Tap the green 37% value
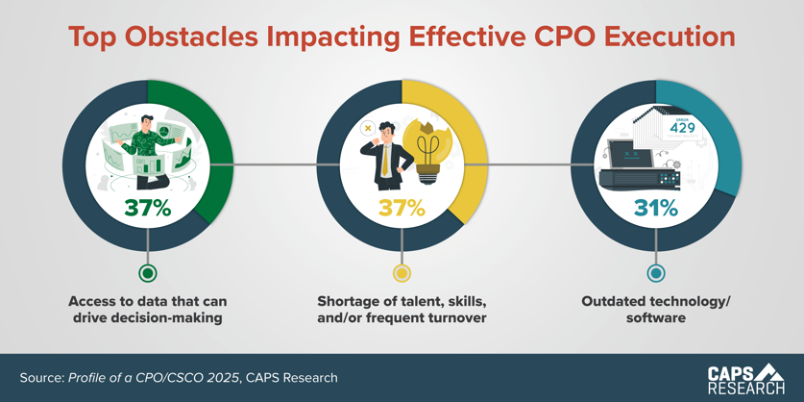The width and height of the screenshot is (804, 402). (x=147, y=208)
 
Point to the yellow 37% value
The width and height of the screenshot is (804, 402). (x=402, y=208)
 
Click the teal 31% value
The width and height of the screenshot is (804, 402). (x=656, y=208)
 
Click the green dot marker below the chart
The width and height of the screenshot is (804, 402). (x=148, y=273)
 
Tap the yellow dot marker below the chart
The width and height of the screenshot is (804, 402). (x=402, y=273)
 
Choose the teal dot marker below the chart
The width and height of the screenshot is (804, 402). (x=656, y=273)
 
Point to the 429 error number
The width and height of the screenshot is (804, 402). (x=683, y=129)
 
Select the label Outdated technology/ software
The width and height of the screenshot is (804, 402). (x=656, y=310)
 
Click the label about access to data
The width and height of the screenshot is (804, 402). (x=148, y=310)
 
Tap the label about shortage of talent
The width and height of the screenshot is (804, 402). (x=402, y=310)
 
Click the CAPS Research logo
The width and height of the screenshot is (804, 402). (x=745, y=378)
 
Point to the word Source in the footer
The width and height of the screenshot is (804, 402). (x=41, y=378)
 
